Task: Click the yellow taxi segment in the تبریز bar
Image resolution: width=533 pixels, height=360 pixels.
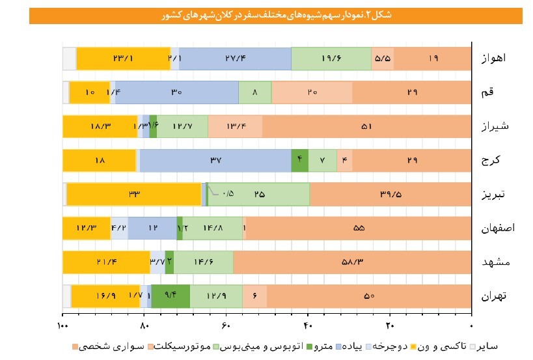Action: coord(134,194)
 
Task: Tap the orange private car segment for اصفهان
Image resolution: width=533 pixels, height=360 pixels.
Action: coord(358,228)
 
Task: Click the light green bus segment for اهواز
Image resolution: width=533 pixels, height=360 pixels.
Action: coord(331,59)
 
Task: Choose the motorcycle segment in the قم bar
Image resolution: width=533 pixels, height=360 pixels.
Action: coord(312,92)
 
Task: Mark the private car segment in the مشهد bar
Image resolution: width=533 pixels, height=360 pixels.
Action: coord(352,262)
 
